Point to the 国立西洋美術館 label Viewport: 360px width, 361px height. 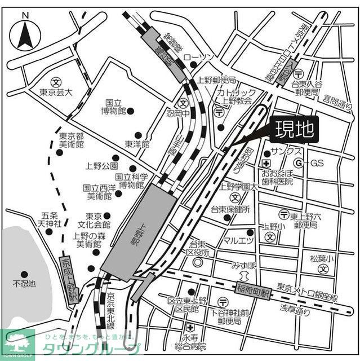coord(99,192)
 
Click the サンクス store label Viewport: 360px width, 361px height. coord(285,152)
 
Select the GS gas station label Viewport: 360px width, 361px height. coord(317,163)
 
